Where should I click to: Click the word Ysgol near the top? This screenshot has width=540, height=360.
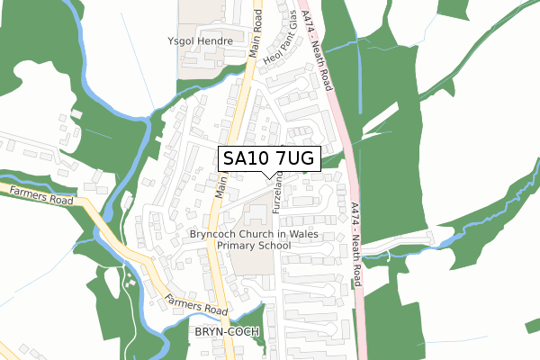(x=183, y=41)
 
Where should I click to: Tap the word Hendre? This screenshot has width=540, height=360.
(x=217, y=41)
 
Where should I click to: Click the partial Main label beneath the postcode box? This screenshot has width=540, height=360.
(x=220, y=185)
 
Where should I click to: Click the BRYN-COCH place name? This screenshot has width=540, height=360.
(x=226, y=332)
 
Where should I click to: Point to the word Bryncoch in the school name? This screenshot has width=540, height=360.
(x=216, y=234)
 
